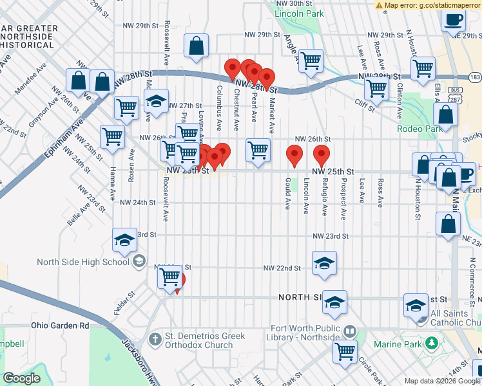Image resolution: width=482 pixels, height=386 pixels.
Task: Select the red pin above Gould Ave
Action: click(294, 155)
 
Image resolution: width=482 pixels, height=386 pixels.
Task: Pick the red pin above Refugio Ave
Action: click(322, 155)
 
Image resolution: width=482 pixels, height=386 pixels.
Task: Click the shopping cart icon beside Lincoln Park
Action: click(311, 60)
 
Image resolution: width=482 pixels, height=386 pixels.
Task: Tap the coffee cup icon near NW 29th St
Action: click(454, 19)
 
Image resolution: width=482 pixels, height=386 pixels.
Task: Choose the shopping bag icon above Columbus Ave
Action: click(197, 46)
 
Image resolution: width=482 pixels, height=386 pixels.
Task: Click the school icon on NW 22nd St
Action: click(324, 262)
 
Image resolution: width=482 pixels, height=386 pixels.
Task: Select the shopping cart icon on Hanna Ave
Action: click(112, 136)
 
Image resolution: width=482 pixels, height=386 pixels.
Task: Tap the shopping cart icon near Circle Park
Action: click(345, 351)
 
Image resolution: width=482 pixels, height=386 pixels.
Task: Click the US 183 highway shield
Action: click(475, 77)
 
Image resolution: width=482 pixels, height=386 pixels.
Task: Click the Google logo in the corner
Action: click(22, 378)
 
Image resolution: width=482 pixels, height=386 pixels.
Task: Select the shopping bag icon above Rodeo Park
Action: click(445, 115)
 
